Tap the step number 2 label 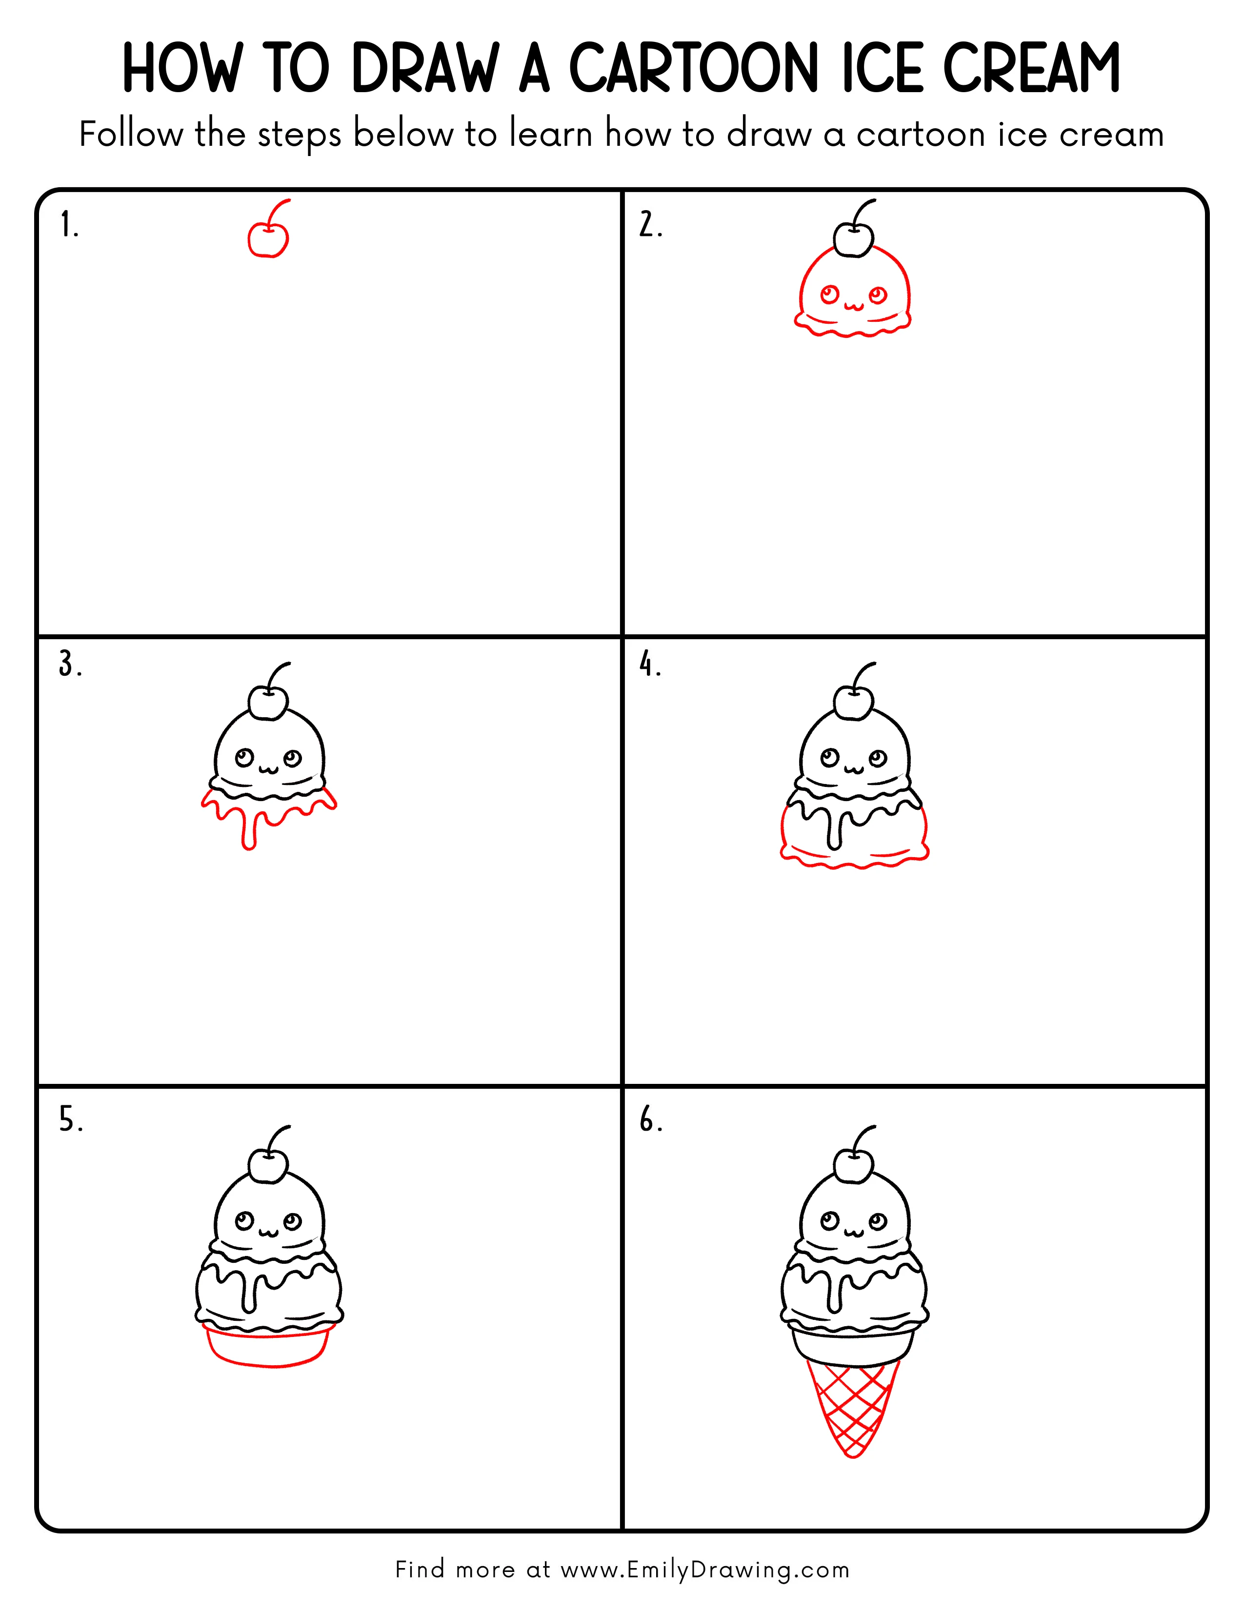(649, 225)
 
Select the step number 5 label (70, 1120)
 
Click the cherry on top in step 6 (853, 1165)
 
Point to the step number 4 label (649, 665)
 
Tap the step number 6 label (650, 1120)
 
